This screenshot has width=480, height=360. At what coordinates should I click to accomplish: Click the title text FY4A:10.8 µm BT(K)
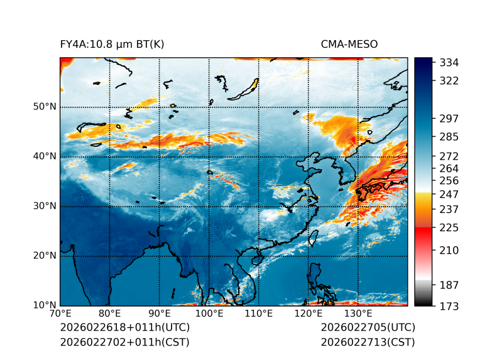[x=112, y=45]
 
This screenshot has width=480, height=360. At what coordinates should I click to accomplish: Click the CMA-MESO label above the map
[x=349, y=45]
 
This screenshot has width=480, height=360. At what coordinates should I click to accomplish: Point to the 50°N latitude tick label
[x=44, y=107]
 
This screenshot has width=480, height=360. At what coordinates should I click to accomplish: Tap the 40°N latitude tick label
[x=44, y=156]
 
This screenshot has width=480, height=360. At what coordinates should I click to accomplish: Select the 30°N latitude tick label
[x=44, y=206]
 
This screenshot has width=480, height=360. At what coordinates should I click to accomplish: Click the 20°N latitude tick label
[x=44, y=256]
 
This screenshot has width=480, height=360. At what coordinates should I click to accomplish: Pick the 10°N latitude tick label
[x=44, y=306]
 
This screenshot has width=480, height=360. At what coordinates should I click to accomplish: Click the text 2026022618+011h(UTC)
[x=124, y=328]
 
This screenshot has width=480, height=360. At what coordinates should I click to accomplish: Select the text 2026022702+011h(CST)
[x=124, y=342]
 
